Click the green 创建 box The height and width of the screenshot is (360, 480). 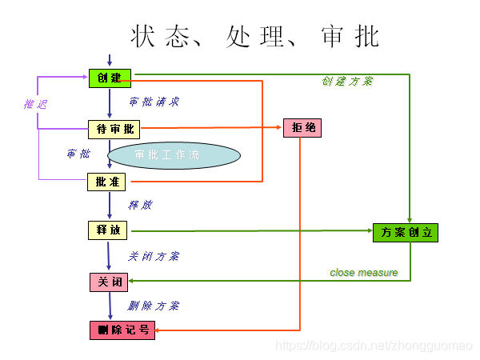click(x=109, y=78)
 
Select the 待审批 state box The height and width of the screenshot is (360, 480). click(x=114, y=129)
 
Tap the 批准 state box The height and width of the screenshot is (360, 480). click(x=106, y=182)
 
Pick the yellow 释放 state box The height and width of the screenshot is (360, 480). click(x=107, y=230)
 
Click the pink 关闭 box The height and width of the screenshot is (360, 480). click(x=108, y=282)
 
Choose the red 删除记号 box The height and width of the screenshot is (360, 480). click(x=122, y=330)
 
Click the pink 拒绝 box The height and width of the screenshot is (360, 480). click(x=302, y=128)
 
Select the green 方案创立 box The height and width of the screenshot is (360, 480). click(x=406, y=233)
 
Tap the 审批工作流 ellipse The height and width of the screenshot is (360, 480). click(x=173, y=154)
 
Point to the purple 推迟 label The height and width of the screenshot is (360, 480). click(x=35, y=105)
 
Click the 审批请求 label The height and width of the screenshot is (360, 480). click(x=154, y=102)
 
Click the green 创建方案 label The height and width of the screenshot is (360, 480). click(x=347, y=82)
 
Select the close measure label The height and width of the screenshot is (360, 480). click(x=363, y=273)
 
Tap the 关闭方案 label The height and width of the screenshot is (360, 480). click(x=154, y=257)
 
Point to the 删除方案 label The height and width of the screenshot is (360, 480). click(x=154, y=306)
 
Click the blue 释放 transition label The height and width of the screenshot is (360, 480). click(x=141, y=206)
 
